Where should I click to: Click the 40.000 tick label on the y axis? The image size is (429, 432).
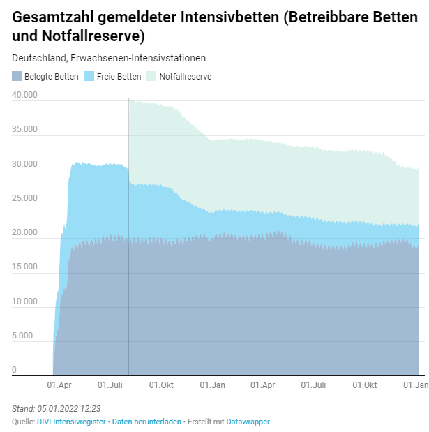[24, 95]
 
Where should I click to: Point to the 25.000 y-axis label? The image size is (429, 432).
[24, 198]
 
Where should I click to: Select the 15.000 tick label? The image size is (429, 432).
[24, 267]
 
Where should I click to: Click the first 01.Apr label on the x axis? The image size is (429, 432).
[59, 385]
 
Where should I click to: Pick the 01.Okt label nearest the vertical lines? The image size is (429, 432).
[161, 385]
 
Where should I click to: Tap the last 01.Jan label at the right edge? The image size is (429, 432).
[417, 385]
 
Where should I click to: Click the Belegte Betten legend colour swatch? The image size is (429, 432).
[17, 77]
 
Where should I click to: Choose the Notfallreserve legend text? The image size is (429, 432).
[186, 77]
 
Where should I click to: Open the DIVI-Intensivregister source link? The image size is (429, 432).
[71, 422]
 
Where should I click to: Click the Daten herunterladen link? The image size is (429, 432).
[146, 422]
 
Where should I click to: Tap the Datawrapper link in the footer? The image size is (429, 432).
[248, 422]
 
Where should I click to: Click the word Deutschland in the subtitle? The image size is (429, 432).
[38, 59]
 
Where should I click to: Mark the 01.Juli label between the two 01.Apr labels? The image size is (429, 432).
[110, 385]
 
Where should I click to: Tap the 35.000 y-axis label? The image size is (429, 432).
[24, 129]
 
